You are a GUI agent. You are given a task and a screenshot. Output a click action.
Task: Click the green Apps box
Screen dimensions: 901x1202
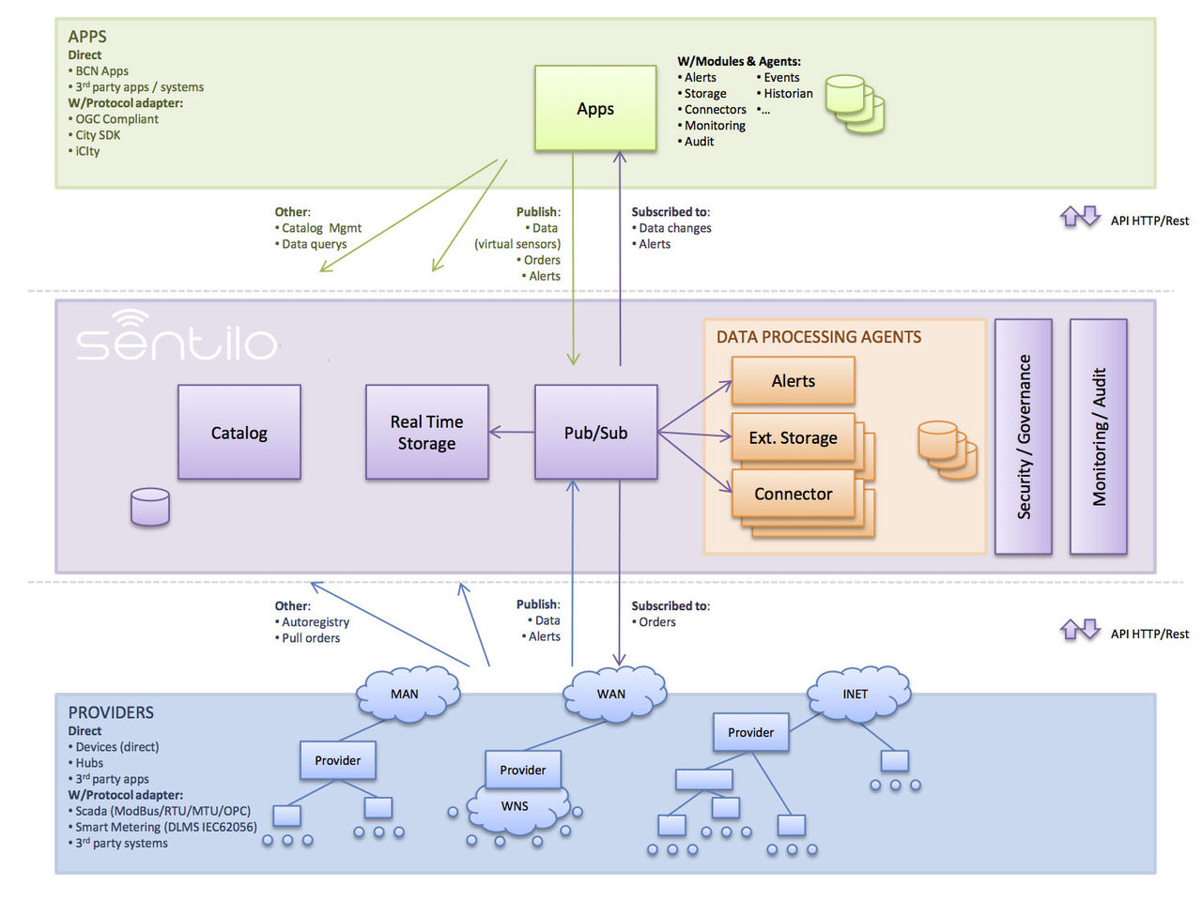pos(595,109)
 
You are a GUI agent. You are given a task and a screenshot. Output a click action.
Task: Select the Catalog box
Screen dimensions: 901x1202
pos(239,433)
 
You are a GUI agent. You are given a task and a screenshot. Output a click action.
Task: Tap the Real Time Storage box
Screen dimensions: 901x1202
pos(427,433)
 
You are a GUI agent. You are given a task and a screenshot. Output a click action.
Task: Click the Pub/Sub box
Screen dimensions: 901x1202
pos(595,433)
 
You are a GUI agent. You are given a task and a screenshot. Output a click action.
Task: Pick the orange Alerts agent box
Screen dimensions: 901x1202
pos(793,381)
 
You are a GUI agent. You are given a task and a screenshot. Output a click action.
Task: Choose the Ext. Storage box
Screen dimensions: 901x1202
pos(793,437)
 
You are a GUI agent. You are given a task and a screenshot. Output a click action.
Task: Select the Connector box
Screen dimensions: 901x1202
pos(793,494)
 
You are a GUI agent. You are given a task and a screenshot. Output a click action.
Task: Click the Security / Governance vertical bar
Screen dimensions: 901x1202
pos(1024,436)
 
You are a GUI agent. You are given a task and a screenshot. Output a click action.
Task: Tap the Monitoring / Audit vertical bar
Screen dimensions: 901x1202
pos(1099,436)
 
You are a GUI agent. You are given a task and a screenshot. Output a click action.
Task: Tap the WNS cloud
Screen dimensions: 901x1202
pos(515,807)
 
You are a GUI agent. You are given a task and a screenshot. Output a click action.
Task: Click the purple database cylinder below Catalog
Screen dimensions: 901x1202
pos(150,507)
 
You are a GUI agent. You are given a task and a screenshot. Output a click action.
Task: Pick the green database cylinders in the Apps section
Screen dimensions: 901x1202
pos(854,103)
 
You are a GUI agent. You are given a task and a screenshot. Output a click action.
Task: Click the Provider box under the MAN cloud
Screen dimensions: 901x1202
pos(338,760)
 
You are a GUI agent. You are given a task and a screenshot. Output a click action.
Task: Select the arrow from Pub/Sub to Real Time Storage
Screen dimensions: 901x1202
pos(512,433)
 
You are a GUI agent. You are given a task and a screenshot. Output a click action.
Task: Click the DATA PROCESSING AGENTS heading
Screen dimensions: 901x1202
pos(819,337)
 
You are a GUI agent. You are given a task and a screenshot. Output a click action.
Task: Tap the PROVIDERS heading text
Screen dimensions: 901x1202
pos(111,712)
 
